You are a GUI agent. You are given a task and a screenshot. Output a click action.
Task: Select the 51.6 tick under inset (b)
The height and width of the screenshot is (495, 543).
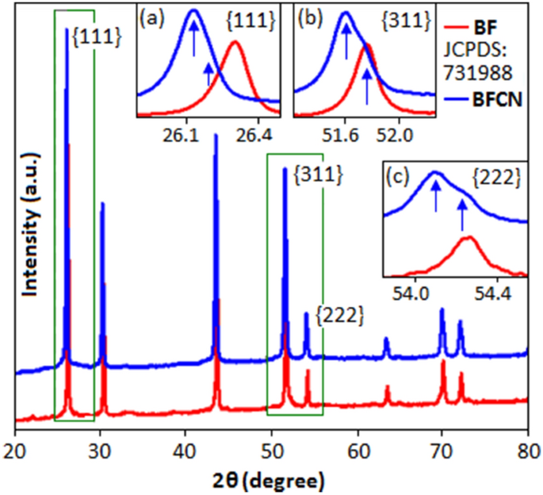(x=343, y=136)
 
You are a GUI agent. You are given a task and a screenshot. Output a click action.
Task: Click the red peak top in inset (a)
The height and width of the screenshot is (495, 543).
(x=235, y=43)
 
